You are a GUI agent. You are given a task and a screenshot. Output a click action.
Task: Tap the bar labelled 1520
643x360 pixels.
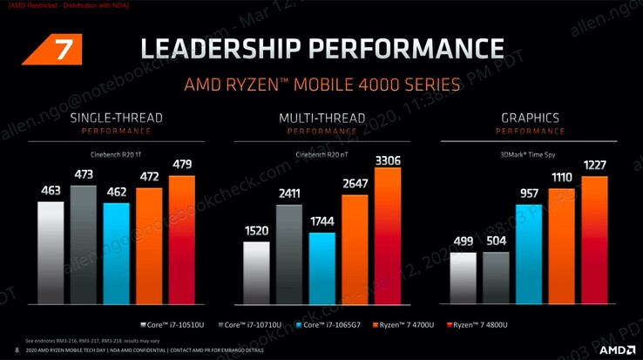click(x=256, y=270)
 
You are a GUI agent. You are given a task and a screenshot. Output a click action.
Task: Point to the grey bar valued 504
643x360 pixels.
click(x=496, y=275)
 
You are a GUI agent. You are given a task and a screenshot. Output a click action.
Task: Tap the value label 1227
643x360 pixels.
click(x=594, y=166)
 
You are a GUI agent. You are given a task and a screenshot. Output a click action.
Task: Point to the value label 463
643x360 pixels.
click(x=51, y=189)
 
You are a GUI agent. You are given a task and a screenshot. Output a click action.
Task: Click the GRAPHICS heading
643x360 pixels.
click(x=530, y=118)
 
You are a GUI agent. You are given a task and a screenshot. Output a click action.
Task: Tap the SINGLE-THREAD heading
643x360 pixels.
click(x=116, y=118)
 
